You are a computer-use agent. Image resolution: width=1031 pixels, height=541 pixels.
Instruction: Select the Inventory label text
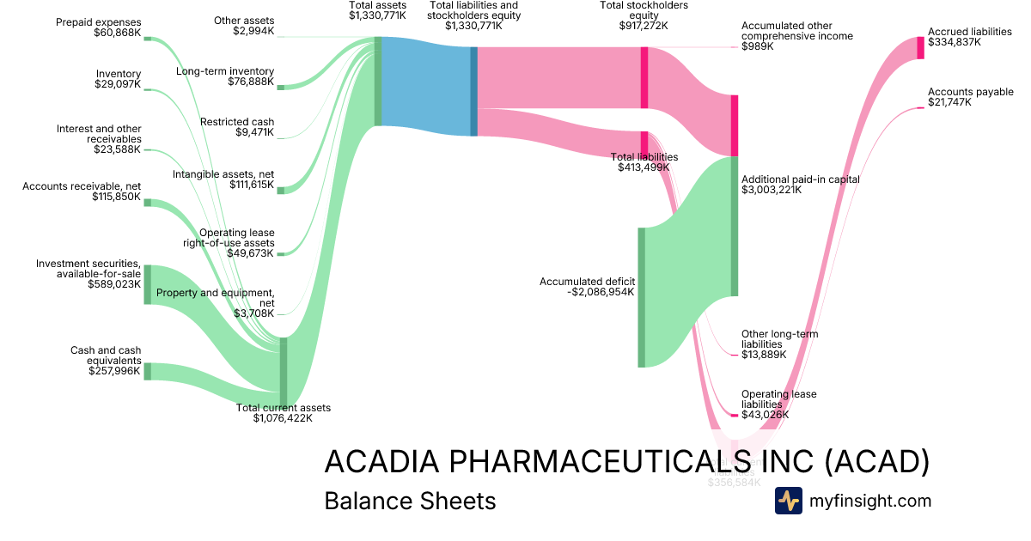click(119, 74)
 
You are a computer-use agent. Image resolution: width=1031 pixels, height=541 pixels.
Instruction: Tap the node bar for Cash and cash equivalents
click(147, 371)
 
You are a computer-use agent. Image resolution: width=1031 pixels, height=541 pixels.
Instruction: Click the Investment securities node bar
click(147, 284)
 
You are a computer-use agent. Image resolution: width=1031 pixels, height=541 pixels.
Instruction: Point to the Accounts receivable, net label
click(82, 185)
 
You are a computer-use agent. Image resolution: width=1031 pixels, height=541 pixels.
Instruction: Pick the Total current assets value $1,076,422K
click(283, 418)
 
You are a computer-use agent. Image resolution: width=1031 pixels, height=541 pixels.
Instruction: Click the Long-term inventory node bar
click(280, 87)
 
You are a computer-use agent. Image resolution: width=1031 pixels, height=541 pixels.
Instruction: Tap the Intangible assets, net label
click(223, 174)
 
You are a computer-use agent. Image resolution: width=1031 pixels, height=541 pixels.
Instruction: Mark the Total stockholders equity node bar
click(644, 77)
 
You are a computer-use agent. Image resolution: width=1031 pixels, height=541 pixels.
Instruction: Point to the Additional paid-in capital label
click(801, 179)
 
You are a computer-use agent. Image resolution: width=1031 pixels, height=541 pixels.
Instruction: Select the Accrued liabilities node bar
click(920, 47)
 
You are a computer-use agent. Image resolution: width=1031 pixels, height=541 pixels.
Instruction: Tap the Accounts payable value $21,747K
click(949, 102)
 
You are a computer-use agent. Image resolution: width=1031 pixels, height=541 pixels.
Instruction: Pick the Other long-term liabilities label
click(779, 338)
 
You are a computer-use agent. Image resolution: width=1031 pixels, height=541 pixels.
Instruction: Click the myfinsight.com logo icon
click(788, 501)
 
